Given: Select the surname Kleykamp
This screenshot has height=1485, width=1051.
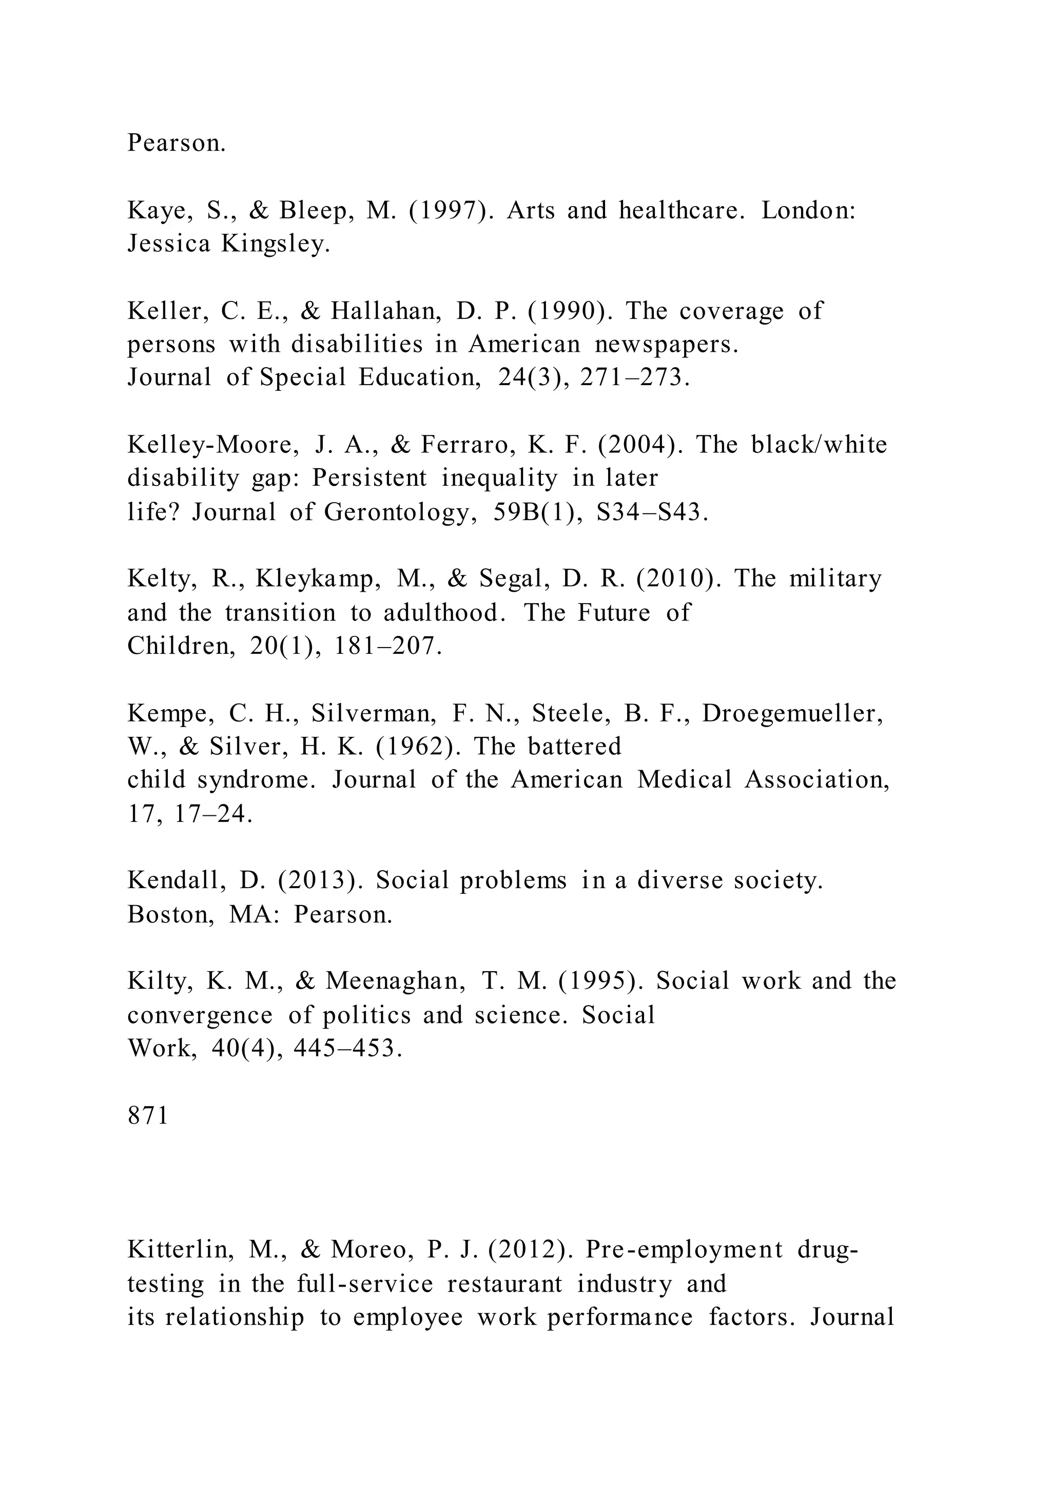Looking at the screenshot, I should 318,579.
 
